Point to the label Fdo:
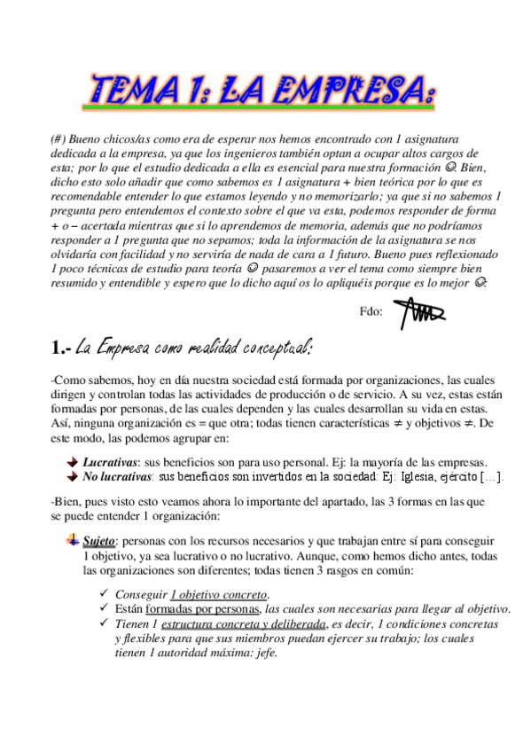click(372, 312)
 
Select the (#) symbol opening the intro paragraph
click(59, 139)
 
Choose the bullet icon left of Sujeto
click(73, 539)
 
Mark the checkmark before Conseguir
click(105, 594)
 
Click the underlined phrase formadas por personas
click(203, 609)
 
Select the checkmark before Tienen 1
click(105, 623)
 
